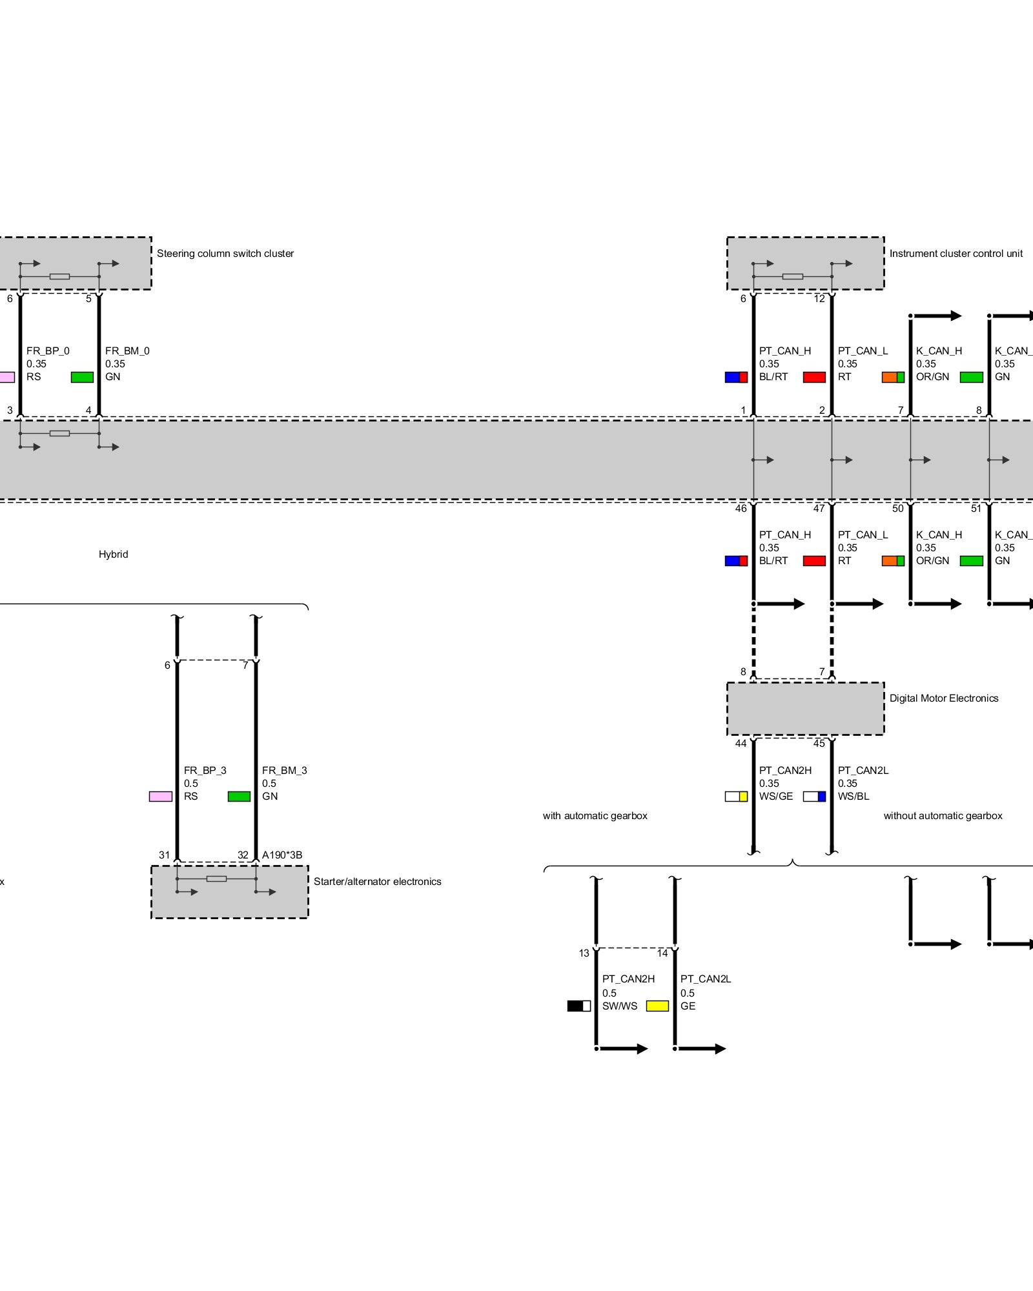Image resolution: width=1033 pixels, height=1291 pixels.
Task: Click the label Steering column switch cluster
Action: tap(225, 254)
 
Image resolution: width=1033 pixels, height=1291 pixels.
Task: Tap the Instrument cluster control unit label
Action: tap(956, 254)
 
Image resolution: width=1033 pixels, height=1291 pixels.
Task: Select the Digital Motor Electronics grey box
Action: tap(805, 708)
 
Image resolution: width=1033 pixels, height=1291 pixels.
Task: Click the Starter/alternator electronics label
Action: tap(377, 882)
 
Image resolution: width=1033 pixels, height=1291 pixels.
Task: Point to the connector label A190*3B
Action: tap(282, 855)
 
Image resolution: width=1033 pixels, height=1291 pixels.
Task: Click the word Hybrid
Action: tap(113, 554)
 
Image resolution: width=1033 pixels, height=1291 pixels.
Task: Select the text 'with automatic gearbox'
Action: tap(595, 816)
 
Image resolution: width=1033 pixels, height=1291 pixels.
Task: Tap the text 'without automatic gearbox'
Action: tap(943, 816)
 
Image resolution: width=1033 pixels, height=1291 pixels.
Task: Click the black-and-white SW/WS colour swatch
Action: tap(578, 1006)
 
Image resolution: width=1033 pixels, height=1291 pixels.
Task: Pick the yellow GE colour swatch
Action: tap(657, 1006)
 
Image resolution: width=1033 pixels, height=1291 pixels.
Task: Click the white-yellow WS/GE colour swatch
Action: tap(736, 797)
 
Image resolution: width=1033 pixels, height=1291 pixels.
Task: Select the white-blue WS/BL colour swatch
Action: tap(814, 797)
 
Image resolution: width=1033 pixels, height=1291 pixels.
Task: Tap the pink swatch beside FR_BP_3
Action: tap(160, 797)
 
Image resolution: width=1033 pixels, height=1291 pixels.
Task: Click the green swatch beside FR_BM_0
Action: tap(82, 377)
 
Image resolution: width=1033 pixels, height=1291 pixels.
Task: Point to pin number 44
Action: tap(741, 744)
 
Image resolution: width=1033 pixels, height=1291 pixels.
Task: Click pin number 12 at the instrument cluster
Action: tap(819, 299)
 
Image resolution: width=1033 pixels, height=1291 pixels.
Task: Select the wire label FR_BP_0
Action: tap(48, 351)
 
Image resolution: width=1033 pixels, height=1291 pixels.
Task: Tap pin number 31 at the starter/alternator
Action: tap(165, 855)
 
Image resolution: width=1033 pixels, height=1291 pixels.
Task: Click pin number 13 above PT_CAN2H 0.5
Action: tap(584, 953)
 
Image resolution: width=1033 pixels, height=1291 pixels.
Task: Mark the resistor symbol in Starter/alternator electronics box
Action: tap(216, 879)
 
